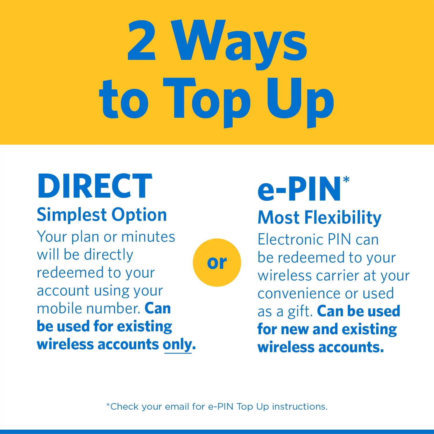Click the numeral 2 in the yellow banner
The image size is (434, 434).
142,41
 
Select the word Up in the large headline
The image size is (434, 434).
300,100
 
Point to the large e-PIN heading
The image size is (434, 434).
299,189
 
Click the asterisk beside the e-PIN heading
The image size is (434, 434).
346,180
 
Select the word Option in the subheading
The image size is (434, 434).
139,215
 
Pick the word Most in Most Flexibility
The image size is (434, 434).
279,218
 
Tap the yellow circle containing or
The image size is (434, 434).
217,262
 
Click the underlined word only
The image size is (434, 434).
178,345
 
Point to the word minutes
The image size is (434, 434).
148,237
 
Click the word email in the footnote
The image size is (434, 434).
177,407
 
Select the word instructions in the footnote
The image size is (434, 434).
300,407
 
